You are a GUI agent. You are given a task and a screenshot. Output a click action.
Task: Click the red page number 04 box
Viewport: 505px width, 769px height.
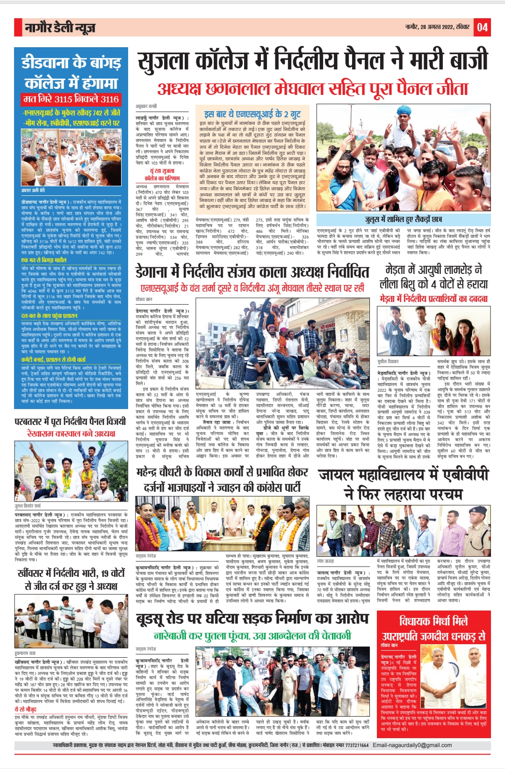click(482, 28)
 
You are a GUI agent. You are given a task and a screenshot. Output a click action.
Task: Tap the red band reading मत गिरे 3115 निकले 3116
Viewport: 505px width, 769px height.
click(71, 99)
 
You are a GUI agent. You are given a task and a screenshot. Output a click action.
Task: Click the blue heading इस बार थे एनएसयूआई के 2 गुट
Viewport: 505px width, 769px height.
click(252, 114)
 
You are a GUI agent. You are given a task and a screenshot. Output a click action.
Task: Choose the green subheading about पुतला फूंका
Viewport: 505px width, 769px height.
click(252, 636)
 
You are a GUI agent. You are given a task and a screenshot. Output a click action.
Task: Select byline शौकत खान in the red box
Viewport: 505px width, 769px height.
click(389, 646)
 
